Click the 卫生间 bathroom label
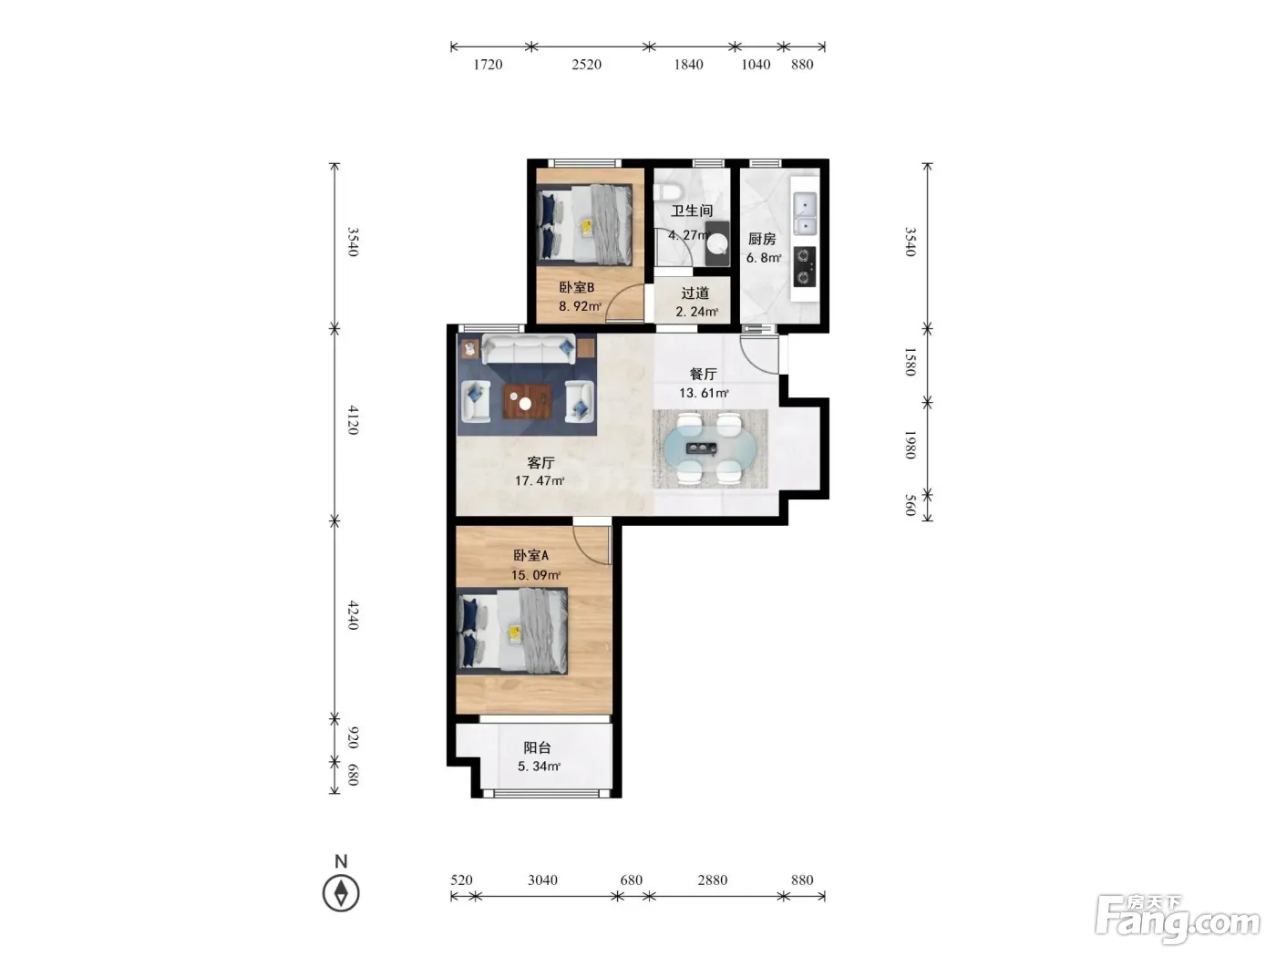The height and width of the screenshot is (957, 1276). click(x=691, y=211)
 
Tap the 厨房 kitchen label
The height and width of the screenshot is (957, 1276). click(x=762, y=238)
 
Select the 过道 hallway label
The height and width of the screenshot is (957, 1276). click(x=695, y=293)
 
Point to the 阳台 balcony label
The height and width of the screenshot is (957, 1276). click(x=537, y=747)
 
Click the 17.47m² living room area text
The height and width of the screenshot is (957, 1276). click(x=540, y=480)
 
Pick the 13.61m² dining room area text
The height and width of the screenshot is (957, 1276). click(x=704, y=393)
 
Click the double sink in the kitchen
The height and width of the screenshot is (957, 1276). click(x=805, y=213)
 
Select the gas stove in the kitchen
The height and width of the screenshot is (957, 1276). click(x=805, y=267)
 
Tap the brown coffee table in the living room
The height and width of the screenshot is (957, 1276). click(x=527, y=401)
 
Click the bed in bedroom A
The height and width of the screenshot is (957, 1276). click(x=512, y=631)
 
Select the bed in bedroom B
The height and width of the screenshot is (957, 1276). click(x=584, y=225)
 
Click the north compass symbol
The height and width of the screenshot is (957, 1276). click(x=341, y=892)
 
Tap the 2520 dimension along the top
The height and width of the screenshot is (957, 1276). click(x=586, y=65)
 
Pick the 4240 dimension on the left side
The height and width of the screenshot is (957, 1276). click(x=353, y=615)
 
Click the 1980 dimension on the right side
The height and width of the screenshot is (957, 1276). click(x=911, y=445)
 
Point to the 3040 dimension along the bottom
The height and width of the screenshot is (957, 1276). click(x=542, y=880)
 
